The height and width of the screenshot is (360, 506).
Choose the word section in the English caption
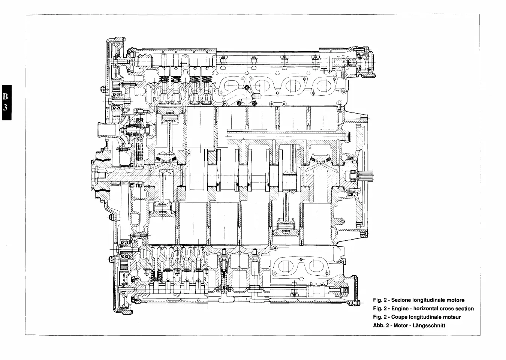[x=465, y=309]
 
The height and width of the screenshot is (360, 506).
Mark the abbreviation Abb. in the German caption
[x=379, y=325]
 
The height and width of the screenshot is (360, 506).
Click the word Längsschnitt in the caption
[x=430, y=325]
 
